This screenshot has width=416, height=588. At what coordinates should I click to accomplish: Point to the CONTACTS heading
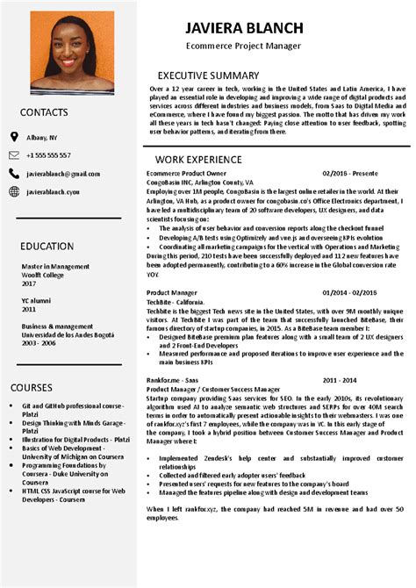pyautogui.click(x=45, y=112)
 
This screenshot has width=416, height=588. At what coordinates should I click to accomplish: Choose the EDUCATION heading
pyautogui.click(x=47, y=246)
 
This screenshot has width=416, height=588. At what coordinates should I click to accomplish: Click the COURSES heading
pyautogui.click(x=32, y=387)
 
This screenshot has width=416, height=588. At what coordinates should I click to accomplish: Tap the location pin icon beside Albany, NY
pyautogui.click(x=14, y=138)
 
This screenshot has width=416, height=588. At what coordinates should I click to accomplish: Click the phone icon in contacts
pyautogui.click(x=14, y=155)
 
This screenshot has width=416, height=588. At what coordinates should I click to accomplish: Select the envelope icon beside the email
pyautogui.click(x=14, y=174)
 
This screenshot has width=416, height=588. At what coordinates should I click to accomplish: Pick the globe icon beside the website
pyautogui.click(x=14, y=191)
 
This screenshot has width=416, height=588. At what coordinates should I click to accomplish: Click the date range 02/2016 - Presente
pyautogui.click(x=349, y=174)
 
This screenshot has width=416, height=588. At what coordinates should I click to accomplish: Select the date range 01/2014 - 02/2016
pyautogui.click(x=349, y=291)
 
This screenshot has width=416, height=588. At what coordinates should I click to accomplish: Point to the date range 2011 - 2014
pyautogui.click(x=340, y=380)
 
